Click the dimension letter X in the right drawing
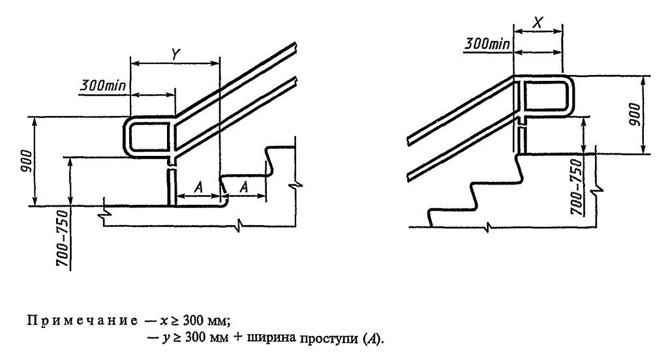click(x=538, y=20)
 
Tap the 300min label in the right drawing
click(x=487, y=46)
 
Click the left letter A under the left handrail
click(x=199, y=187)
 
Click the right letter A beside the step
click(x=245, y=187)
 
